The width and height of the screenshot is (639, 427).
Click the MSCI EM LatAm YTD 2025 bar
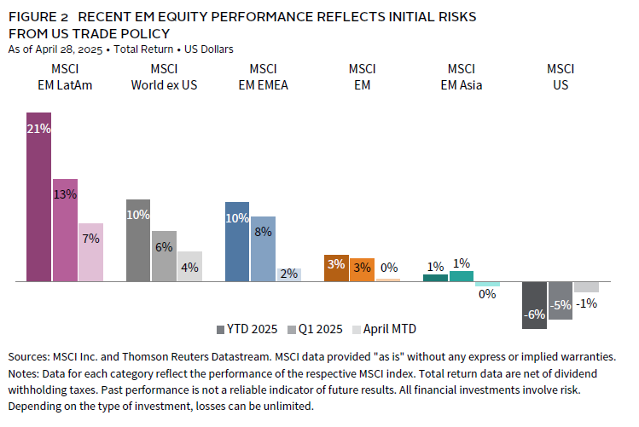click(38, 196)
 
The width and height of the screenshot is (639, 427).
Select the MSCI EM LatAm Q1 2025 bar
click(65, 230)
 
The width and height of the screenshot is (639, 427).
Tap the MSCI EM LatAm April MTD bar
click(90, 252)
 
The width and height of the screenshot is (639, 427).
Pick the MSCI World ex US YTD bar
click(137, 240)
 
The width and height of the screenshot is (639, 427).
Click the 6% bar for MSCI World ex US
click(164, 256)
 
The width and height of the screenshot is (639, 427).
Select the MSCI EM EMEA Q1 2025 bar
click(263, 249)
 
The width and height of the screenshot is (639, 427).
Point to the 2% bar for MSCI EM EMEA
click(289, 274)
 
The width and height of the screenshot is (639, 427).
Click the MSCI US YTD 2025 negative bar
click(535, 304)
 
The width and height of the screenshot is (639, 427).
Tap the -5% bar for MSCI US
click(561, 300)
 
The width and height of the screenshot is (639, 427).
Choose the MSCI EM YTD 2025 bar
click(336, 268)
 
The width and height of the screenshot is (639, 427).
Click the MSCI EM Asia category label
click(461, 76)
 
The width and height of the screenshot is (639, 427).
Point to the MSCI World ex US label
click(163, 76)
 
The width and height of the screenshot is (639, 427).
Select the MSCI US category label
click(560, 76)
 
